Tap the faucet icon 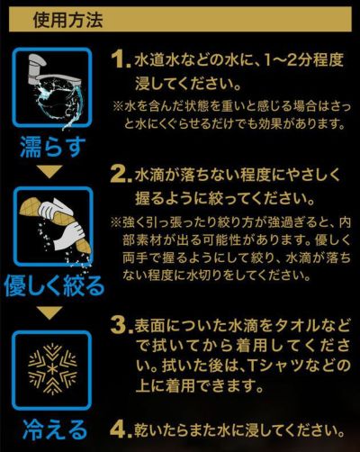[53, 90]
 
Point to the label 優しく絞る [53, 287]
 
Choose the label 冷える [53, 427]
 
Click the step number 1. [119, 61]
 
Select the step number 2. [121, 172]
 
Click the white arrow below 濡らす [52, 170]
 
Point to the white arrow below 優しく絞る [52, 313]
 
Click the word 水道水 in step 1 [157, 62]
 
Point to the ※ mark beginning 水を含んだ [118, 106]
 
